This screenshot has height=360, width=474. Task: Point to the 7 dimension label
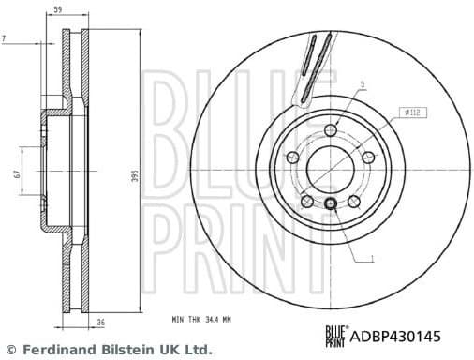click(x=5, y=37)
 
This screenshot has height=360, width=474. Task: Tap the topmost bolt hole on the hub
click(x=330, y=130)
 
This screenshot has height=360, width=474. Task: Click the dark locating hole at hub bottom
click(x=330, y=204)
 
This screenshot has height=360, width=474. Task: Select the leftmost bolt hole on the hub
click(x=291, y=157)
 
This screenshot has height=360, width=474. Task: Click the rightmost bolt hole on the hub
click(x=368, y=157)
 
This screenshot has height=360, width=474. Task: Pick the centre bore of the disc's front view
click(x=330, y=171)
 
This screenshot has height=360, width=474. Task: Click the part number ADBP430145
click(x=408, y=334)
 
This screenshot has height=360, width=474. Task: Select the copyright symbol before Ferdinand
click(x=11, y=349)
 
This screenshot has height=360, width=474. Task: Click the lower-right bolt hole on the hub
click(x=353, y=201)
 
